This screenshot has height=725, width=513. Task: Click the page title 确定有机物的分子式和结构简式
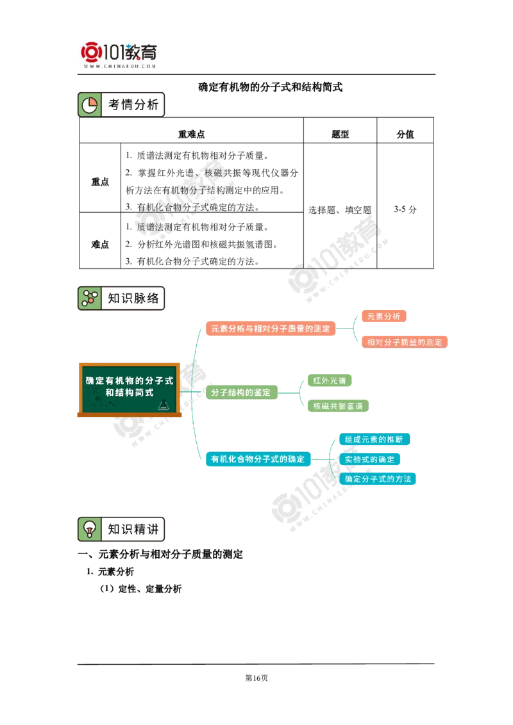coord(271,87)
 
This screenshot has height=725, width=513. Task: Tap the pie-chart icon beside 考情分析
coord(89,105)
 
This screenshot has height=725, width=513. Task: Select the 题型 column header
coord(341,134)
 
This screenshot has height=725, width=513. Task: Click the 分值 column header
coord(405,134)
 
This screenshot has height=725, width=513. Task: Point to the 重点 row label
coord(99,182)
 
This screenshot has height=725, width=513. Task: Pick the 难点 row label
coord(99,244)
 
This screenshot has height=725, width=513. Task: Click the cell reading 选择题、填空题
coord(340,210)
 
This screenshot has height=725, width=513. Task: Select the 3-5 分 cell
coord(405,209)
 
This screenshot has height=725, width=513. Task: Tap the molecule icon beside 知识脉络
coord(89,298)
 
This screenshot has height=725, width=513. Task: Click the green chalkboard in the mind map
coord(130,389)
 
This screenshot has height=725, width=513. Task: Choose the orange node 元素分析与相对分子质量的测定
coord(271,329)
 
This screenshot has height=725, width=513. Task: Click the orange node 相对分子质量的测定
coord(405,342)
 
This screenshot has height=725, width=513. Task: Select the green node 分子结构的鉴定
coord(240,393)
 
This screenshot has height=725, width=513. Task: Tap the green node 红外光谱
coord(330,380)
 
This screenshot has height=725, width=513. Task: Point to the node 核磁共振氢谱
coord(338,406)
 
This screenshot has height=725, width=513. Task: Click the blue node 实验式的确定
coord(369,459)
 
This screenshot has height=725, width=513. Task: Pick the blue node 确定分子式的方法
coord(378,479)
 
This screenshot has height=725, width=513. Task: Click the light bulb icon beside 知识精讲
coord(89,529)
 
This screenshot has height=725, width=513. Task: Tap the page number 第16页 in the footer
coord(256,678)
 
